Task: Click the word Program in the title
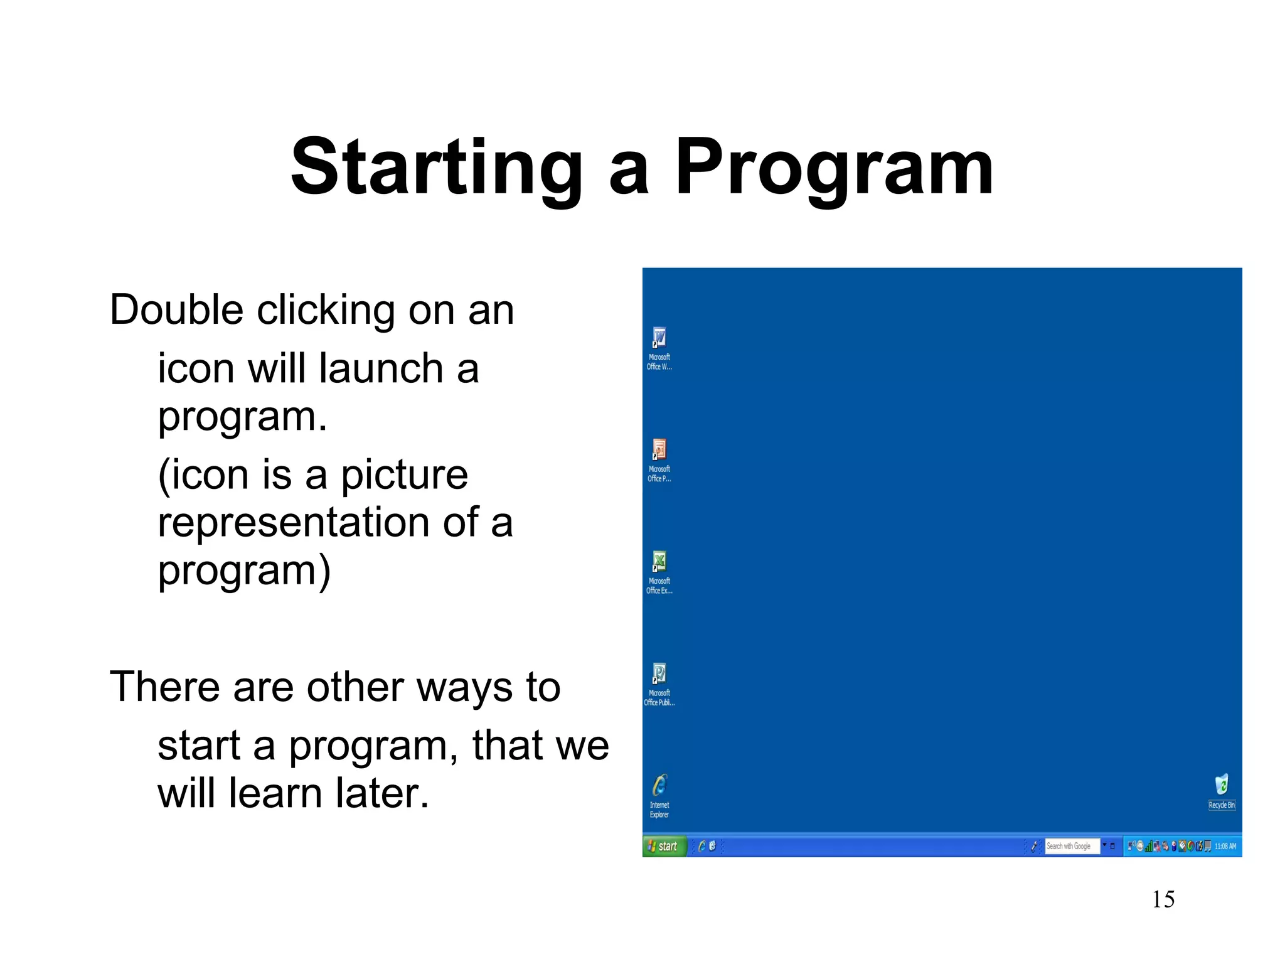[x=834, y=168]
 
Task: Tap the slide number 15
[x=1163, y=899]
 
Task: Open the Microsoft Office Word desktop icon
[x=659, y=338]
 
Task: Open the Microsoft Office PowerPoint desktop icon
[x=659, y=450]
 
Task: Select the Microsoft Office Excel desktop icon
[x=659, y=562]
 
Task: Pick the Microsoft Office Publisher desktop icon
[x=659, y=674]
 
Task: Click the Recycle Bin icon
[x=1221, y=785]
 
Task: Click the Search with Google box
[x=1071, y=846]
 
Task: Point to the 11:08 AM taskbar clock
[x=1225, y=846]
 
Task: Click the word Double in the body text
[x=176, y=310]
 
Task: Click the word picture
[x=405, y=474]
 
